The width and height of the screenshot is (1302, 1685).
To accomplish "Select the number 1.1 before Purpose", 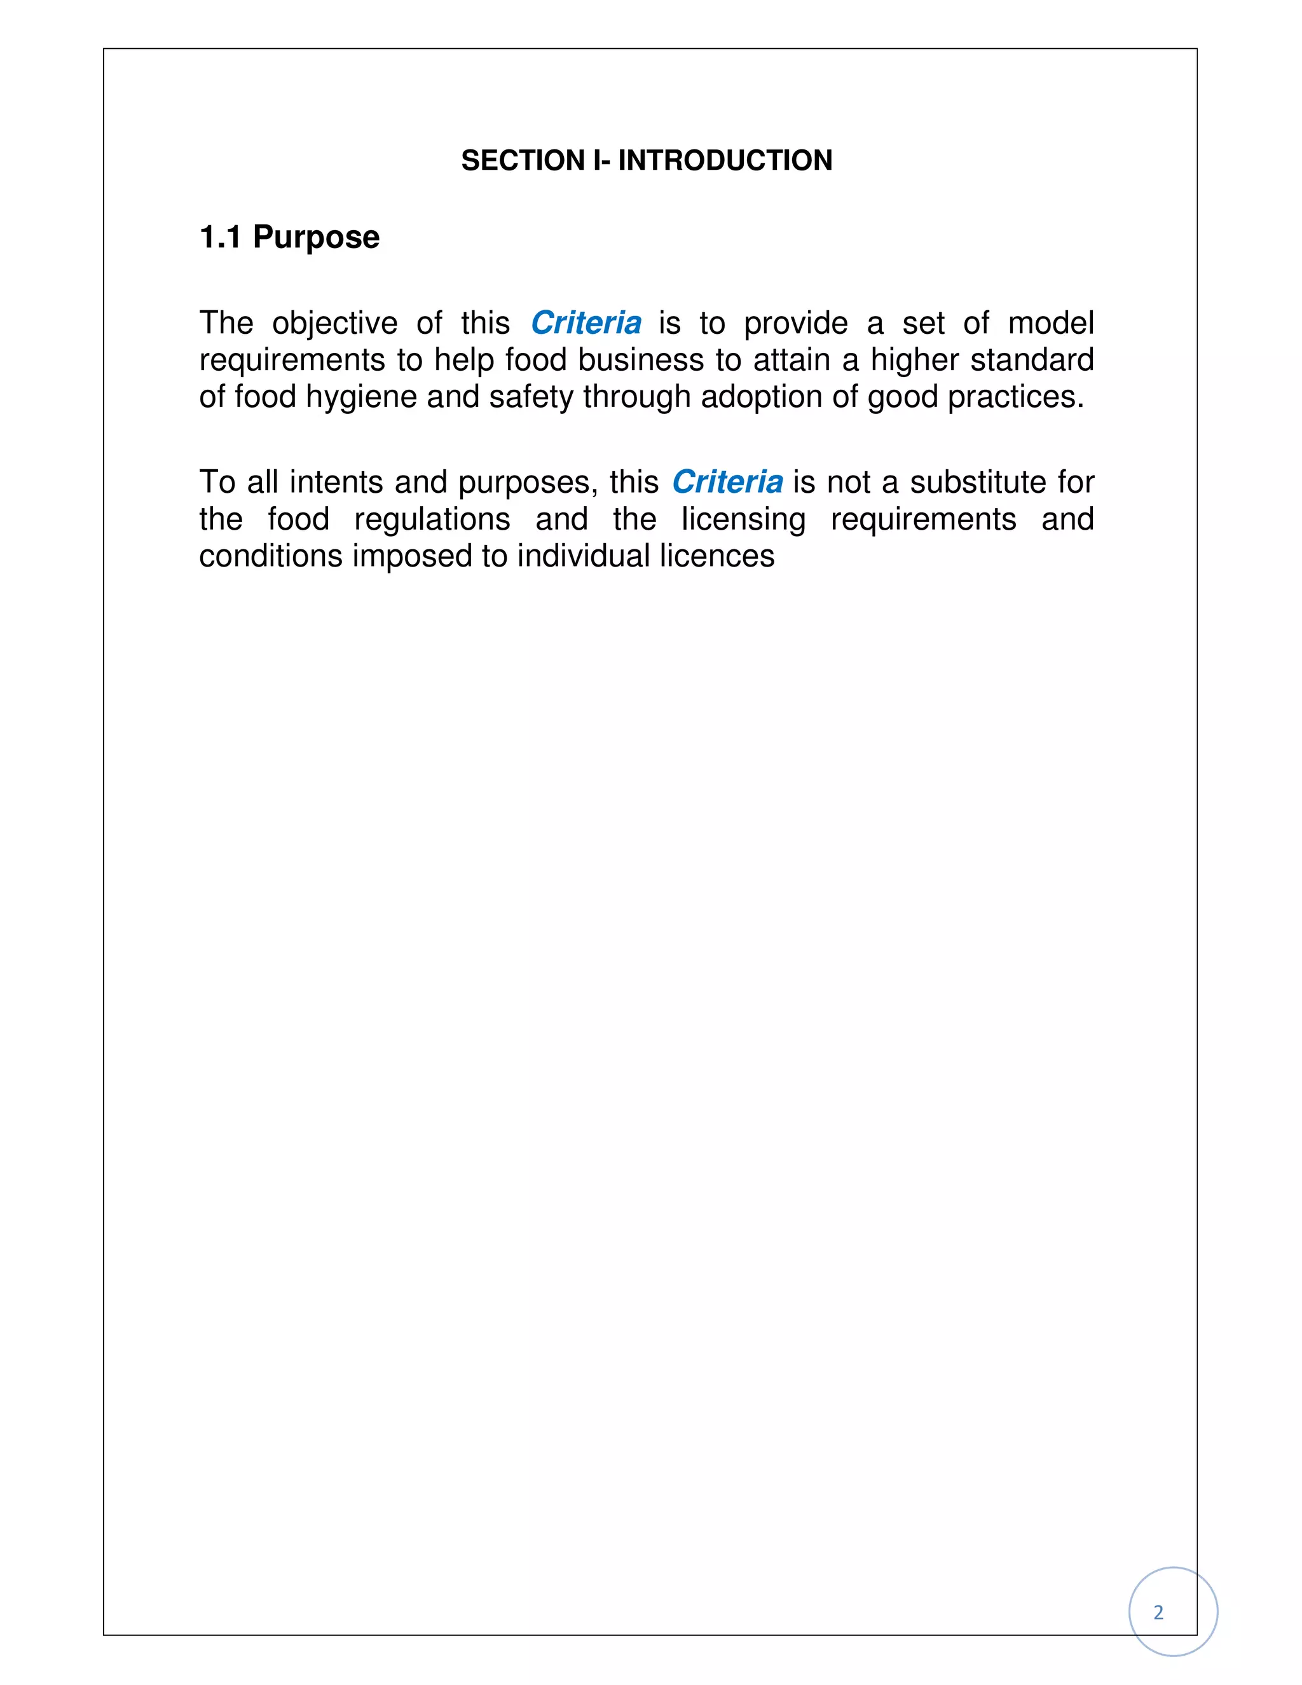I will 220,237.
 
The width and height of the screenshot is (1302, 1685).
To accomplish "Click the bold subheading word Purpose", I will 316,237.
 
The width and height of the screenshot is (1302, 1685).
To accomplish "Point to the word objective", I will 335,323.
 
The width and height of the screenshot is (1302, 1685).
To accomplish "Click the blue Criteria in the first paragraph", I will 586,323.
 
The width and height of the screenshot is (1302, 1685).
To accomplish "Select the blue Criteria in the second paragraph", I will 727,482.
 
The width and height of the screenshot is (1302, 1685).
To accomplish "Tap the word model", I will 1050,323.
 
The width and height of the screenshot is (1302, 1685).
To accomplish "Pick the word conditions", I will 270,556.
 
